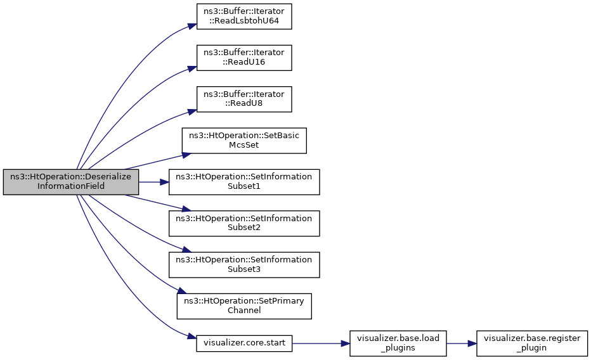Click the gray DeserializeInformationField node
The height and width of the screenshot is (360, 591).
[x=71, y=182]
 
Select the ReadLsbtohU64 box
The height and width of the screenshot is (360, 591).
[x=244, y=16]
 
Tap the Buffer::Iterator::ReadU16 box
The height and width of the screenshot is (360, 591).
[x=244, y=58]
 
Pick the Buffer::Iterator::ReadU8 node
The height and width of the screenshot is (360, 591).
[x=244, y=99]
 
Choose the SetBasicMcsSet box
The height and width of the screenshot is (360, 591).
[x=244, y=141]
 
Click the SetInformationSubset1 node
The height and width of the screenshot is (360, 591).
[x=244, y=182]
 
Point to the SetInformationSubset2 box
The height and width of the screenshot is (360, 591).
[x=244, y=223]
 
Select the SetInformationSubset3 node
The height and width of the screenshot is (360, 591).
[x=244, y=265]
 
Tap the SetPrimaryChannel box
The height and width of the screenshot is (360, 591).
[x=244, y=306]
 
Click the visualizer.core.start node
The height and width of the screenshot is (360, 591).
[x=244, y=343]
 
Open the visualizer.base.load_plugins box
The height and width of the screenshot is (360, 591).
[x=398, y=343]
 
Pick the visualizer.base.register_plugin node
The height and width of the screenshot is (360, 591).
[x=532, y=343]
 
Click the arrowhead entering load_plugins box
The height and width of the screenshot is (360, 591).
[x=345, y=344]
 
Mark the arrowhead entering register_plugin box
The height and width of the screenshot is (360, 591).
[x=472, y=344]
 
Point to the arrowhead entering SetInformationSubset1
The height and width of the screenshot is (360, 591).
[x=164, y=183]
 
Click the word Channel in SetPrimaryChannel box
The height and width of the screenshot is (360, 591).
[x=244, y=311]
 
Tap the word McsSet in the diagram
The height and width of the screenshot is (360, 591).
[x=244, y=145]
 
